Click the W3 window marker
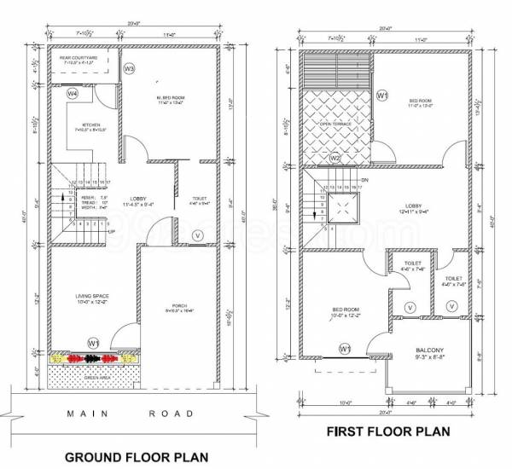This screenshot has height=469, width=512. pyautogui.click(x=130, y=68)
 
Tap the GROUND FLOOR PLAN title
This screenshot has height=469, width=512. pyautogui.click(x=137, y=457)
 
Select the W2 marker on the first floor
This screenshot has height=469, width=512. pyautogui.click(x=335, y=157)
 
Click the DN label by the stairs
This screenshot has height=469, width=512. pyautogui.click(x=365, y=180)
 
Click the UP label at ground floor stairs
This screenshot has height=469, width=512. pyautogui.click(x=110, y=230)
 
